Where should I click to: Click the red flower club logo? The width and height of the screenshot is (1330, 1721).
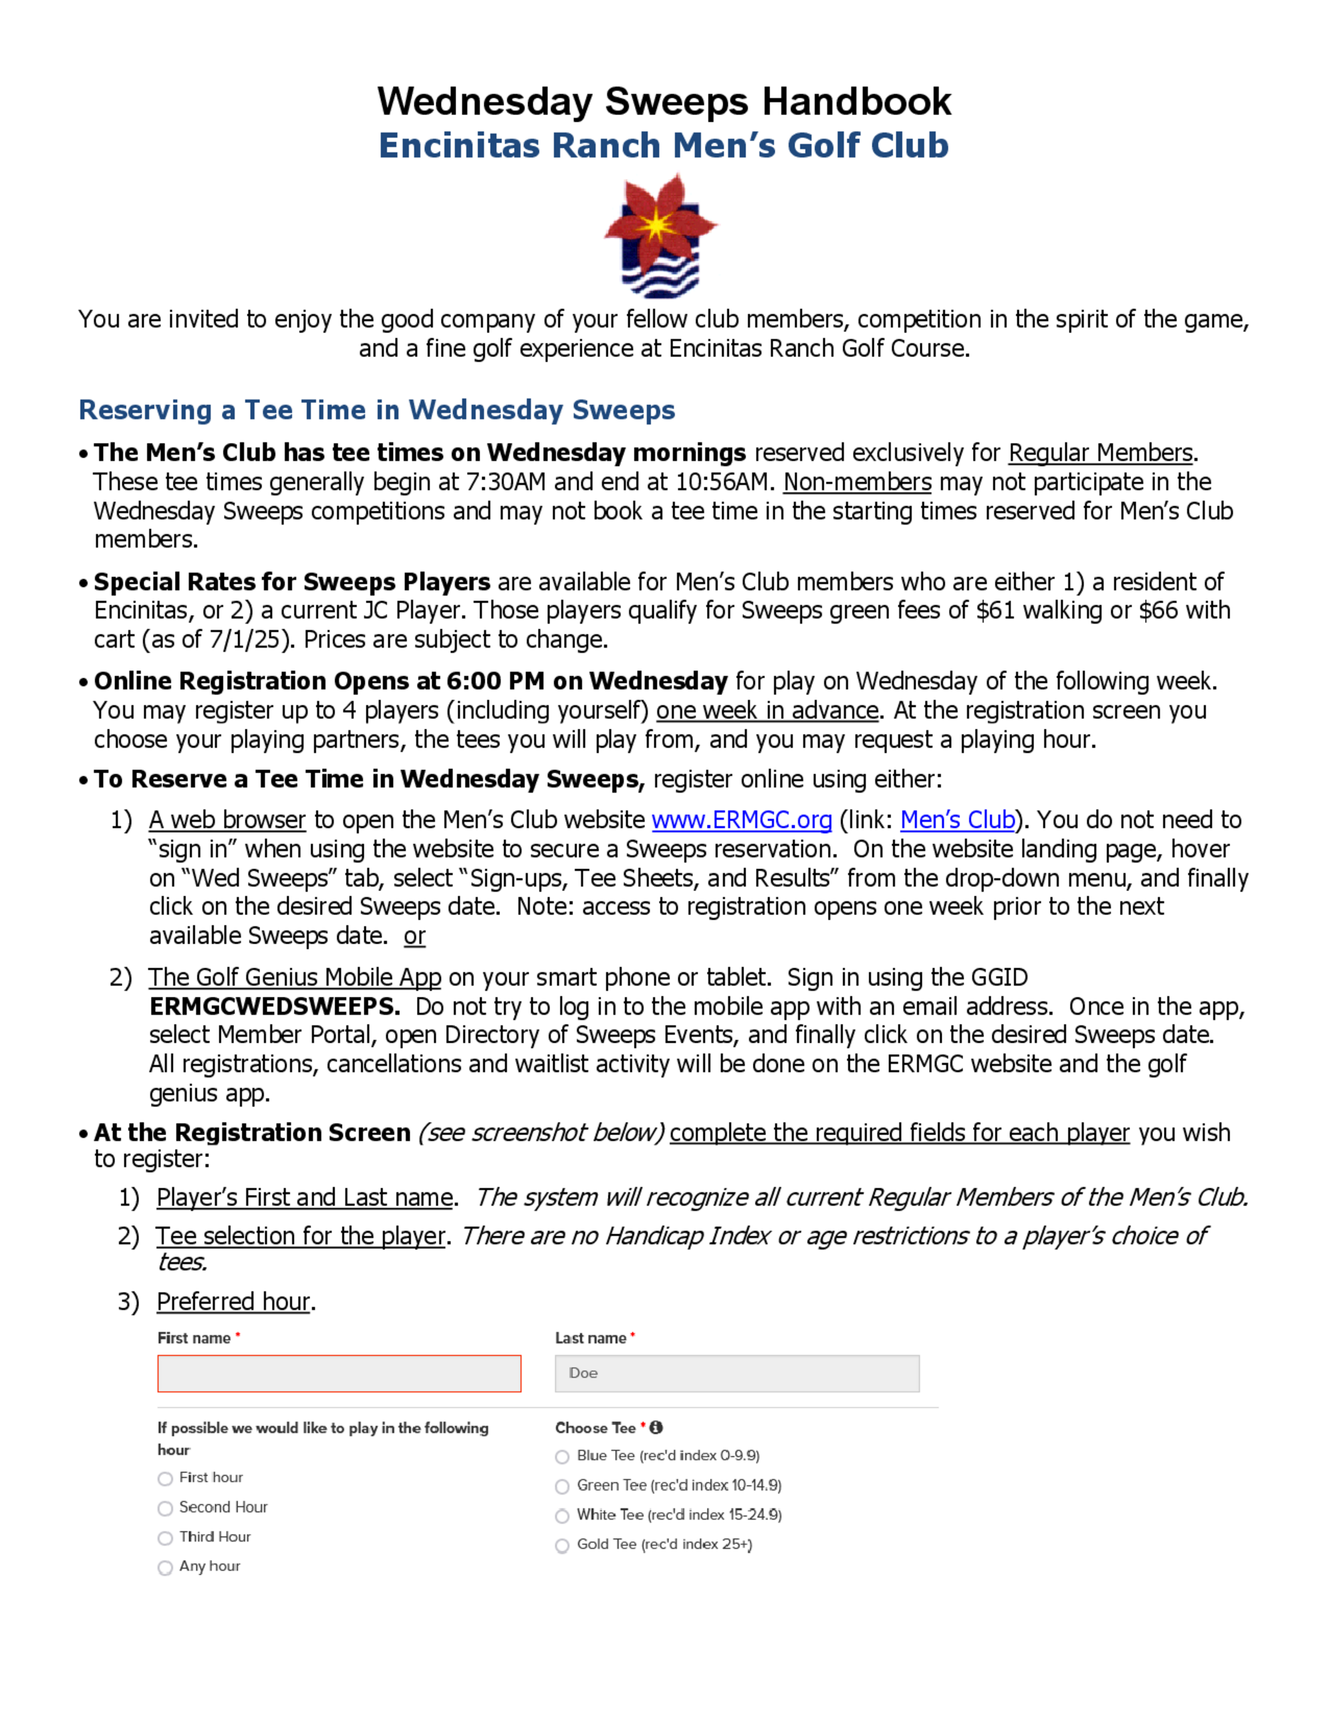(x=660, y=234)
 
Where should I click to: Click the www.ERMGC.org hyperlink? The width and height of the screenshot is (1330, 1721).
(x=741, y=821)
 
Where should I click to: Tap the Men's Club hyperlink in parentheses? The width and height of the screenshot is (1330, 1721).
(x=958, y=821)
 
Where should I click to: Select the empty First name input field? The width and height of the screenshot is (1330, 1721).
(x=338, y=1373)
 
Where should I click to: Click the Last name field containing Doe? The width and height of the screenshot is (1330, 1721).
(x=737, y=1373)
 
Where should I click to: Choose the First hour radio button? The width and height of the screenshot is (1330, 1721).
(x=166, y=1478)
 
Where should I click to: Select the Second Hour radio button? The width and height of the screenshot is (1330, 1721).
(x=166, y=1508)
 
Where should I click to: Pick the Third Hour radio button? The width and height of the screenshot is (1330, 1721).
(x=166, y=1538)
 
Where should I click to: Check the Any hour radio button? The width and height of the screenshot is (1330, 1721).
(x=166, y=1567)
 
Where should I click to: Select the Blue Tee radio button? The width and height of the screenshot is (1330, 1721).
(x=563, y=1457)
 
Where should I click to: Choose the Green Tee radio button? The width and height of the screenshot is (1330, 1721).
(x=563, y=1486)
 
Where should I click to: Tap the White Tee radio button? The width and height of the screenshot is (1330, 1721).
(x=563, y=1516)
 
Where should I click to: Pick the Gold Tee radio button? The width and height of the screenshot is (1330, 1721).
(x=563, y=1545)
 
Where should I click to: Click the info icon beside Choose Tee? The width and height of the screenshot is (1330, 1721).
(x=656, y=1427)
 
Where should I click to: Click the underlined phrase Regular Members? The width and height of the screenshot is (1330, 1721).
(x=1100, y=453)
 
